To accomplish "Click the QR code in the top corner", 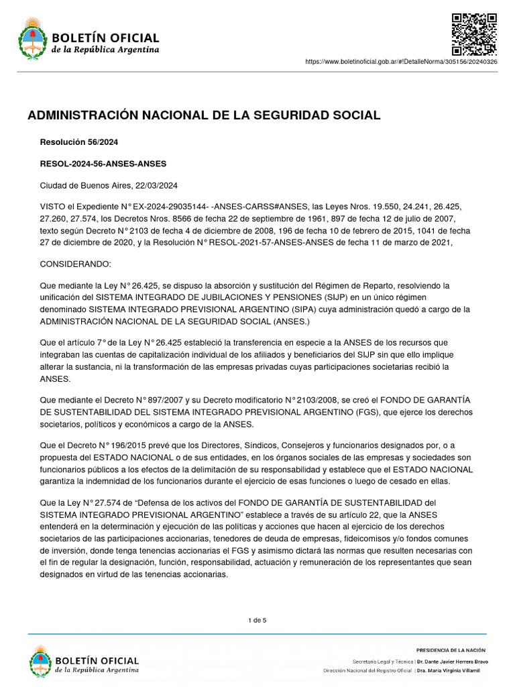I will click(473, 34).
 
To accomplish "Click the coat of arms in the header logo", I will click(30, 39).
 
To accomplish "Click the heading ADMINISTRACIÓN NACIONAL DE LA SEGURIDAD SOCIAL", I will click(204, 115).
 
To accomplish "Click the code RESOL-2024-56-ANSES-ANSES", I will click(103, 164).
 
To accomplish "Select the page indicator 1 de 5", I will click(257, 620).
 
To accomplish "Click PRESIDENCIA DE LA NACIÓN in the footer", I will click(451, 650).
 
